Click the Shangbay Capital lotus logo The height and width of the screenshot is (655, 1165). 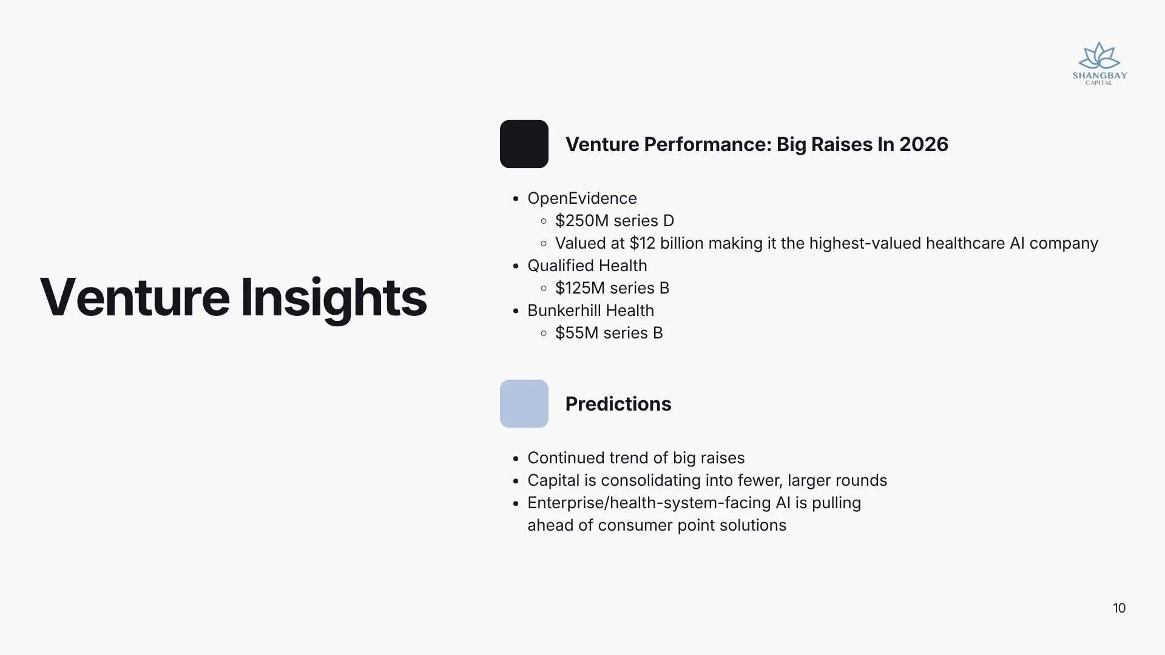1099,63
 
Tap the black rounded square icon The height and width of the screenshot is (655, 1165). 524,144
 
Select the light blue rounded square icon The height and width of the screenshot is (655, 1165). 524,404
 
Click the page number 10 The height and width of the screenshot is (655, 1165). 1119,608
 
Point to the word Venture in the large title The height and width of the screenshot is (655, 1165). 135,297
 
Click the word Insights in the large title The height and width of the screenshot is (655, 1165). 334,298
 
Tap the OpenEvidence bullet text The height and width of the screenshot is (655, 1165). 582,198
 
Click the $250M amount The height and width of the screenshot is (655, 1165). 582,221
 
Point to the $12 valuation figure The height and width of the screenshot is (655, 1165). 643,243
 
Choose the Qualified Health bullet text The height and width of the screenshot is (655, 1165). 587,266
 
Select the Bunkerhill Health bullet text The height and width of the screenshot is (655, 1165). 591,311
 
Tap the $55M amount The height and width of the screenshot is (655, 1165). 577,333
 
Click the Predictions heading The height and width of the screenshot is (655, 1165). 618,404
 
